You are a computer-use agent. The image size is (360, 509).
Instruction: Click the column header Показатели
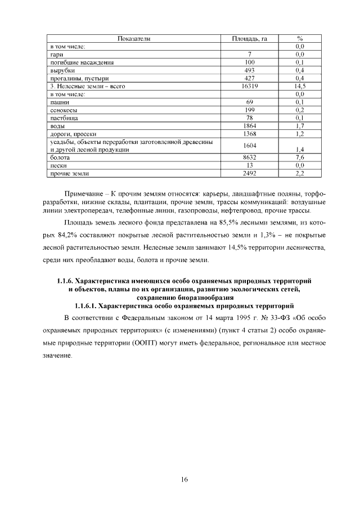tap(134, 38)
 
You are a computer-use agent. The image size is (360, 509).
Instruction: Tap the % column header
tap(300, 38)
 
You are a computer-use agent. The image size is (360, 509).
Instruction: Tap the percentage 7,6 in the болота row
tap(300, 159)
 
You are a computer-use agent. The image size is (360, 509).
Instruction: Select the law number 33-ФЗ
tap(268, 318)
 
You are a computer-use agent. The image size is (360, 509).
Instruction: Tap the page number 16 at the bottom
tap(183, 479)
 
